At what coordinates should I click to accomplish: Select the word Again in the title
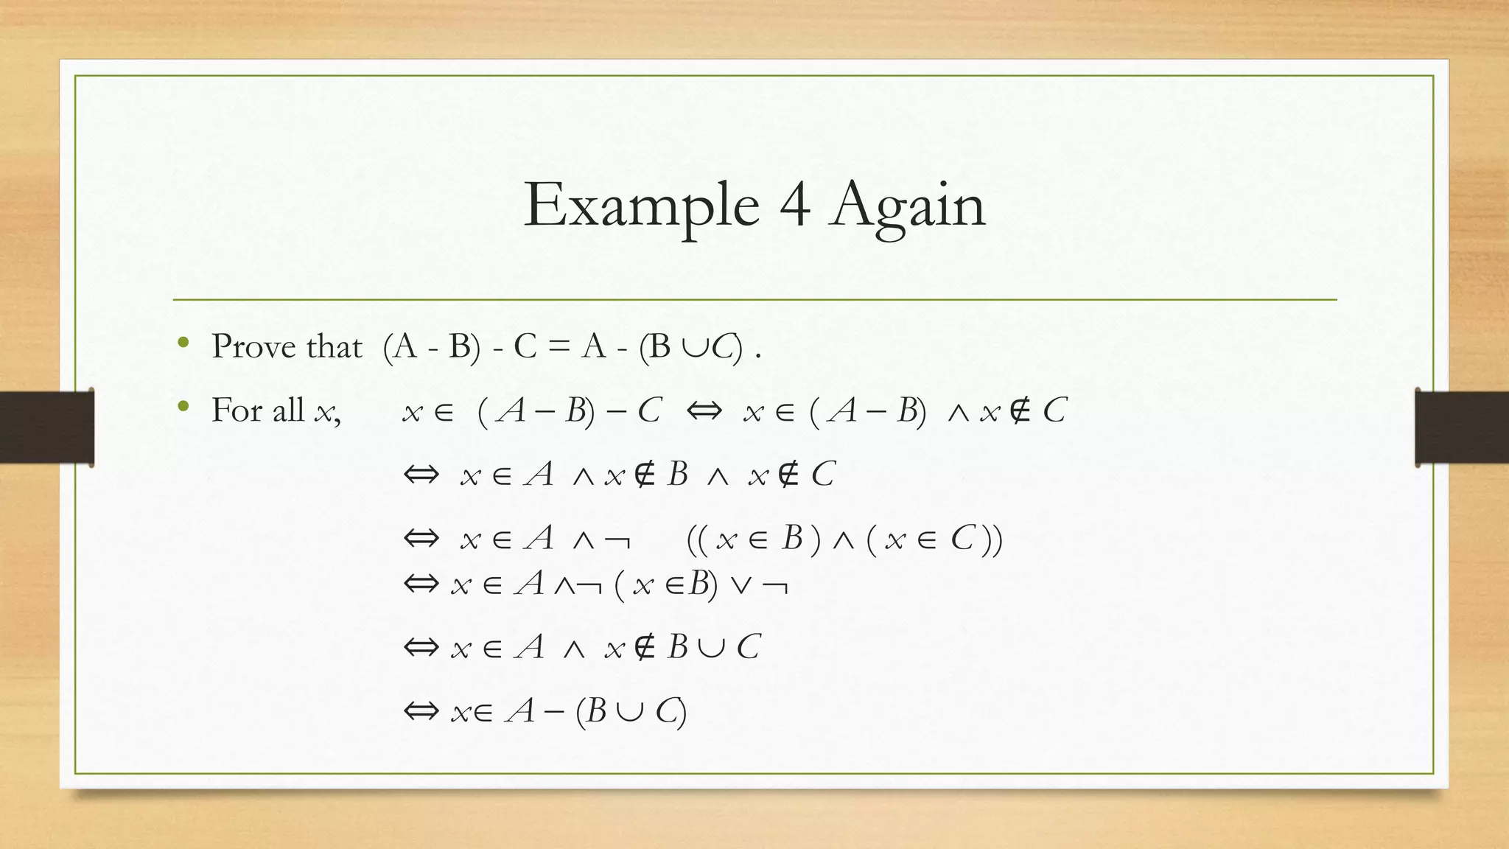click(908, 207)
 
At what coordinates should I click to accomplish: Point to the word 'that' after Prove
click(334, 346)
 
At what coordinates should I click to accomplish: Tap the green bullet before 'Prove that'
click(183, 343)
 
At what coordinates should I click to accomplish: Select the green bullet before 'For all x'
click(183, 406)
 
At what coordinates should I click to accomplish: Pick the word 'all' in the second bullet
click(288, 410)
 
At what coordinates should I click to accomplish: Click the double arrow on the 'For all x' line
click(704, 410)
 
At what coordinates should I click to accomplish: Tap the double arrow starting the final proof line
click(421, 711)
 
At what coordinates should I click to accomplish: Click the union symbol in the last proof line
click(631, 711)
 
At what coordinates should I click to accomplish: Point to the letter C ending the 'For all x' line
click(1054, 410)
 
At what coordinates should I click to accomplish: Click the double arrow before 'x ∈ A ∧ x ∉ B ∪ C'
click(421, 648)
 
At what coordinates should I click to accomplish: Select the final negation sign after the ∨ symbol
click(775, 587)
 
